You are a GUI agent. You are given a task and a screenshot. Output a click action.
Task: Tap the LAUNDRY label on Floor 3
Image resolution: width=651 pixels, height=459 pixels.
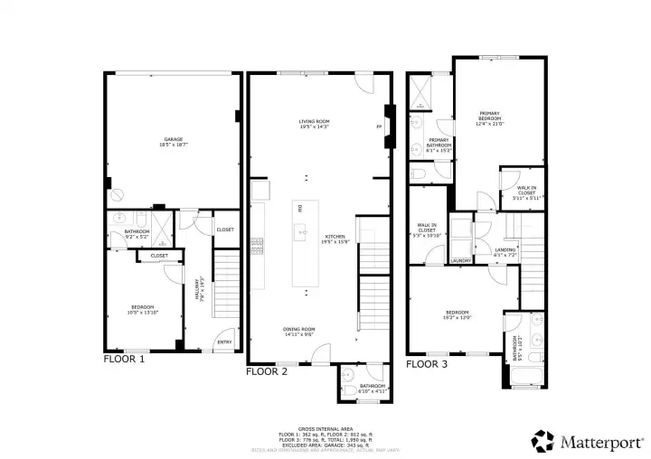[460, 262]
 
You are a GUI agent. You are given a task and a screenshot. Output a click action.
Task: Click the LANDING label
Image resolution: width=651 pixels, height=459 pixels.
[505, 252]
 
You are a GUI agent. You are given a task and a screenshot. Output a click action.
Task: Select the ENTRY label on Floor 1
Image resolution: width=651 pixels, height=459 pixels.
[223, 342]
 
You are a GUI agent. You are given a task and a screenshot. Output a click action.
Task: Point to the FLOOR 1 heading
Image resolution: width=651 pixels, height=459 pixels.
[125, 360]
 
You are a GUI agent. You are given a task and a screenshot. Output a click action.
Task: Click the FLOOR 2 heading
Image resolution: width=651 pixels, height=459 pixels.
[269, 370]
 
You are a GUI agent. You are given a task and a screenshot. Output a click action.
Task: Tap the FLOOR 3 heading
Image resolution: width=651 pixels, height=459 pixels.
[428, 363]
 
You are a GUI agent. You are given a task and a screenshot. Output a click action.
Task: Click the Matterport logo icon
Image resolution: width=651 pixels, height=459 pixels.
[542, 440]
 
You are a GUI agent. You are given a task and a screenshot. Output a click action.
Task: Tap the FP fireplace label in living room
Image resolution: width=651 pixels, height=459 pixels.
[379, 126]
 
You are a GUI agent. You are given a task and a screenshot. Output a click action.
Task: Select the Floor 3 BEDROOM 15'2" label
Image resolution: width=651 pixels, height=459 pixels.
[457, 315]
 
